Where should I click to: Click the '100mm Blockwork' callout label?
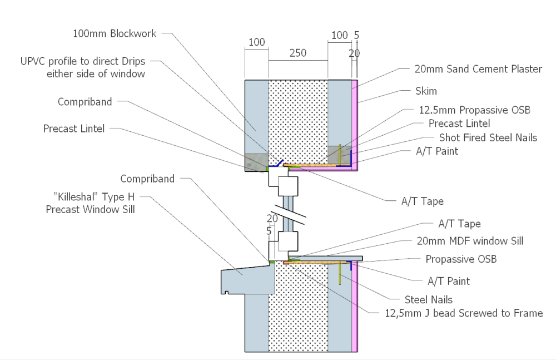point(114,33)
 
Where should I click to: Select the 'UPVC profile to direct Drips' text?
point(83,61)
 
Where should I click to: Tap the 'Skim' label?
point(426,91)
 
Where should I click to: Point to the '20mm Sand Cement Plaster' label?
point(478,69)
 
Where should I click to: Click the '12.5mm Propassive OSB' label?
point(474,110)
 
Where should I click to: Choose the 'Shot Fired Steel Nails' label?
point(488,137)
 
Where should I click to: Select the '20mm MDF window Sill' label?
point(470,241)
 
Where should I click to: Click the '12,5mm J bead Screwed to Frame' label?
point(464,313)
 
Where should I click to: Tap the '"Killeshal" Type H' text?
point(93,196)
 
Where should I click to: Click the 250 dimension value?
point(298,53)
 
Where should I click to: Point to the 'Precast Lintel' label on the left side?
point(74,129)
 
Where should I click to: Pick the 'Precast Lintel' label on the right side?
point(459,124)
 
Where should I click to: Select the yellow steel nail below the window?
point(340,273)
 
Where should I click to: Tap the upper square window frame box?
point(288,186)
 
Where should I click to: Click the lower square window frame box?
point(288,241)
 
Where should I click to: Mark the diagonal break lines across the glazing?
point(289,214)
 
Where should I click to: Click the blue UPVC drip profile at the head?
point(276,164)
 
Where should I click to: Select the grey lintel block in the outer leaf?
point(256,162)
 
